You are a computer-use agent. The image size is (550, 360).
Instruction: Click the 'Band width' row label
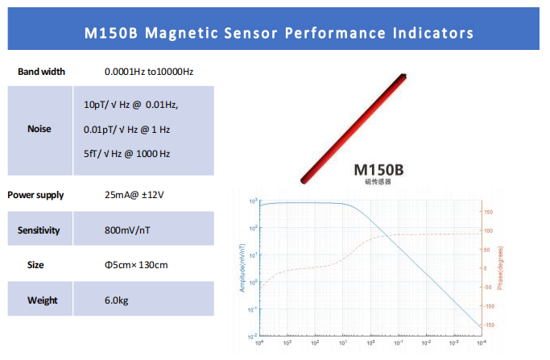[x=41, y=72]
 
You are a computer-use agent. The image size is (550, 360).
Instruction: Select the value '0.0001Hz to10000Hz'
[x=149, y=72]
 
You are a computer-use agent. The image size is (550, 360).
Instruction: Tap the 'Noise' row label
[x=39, y=129]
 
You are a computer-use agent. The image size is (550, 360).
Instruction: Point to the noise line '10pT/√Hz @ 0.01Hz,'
[x=130, y=105]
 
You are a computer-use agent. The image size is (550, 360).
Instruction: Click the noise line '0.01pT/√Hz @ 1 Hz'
[x=126, y=129]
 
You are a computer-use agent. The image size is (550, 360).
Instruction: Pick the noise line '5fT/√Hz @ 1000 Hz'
[x=126, y=153]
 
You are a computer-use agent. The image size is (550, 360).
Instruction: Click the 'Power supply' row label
[x=35, y=195]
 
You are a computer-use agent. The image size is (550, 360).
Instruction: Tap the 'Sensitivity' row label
[x=39, y=230]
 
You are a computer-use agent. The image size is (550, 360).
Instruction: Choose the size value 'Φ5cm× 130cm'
[x=136, y=265]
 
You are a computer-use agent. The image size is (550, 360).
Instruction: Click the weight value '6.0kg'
[x=118, y=300]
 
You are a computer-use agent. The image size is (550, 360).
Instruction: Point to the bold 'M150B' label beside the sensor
[x=378, y=171]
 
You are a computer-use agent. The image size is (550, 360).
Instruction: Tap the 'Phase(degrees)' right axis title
[x=500, y=267]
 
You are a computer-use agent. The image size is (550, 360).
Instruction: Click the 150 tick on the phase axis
[x=488, y=213]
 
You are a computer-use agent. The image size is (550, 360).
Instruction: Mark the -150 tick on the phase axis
[x=488, y=325]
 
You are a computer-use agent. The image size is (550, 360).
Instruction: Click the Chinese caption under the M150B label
[x=378, y=183]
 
